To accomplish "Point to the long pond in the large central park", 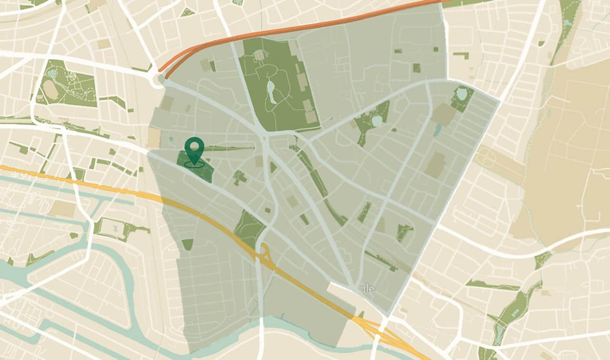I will tap(271, 91).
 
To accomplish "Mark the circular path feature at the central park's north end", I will tap(259, 56).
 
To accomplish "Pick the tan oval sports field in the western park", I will tap(50, 89).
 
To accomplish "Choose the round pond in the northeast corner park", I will tap(461, 93).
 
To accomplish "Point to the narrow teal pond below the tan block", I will tap(437, 130).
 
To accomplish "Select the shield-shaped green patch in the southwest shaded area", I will tap(187, 244).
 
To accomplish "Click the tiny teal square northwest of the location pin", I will tap(171, 139).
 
